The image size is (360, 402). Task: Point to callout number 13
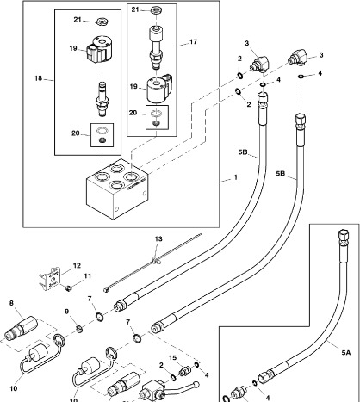click(158, 238)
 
